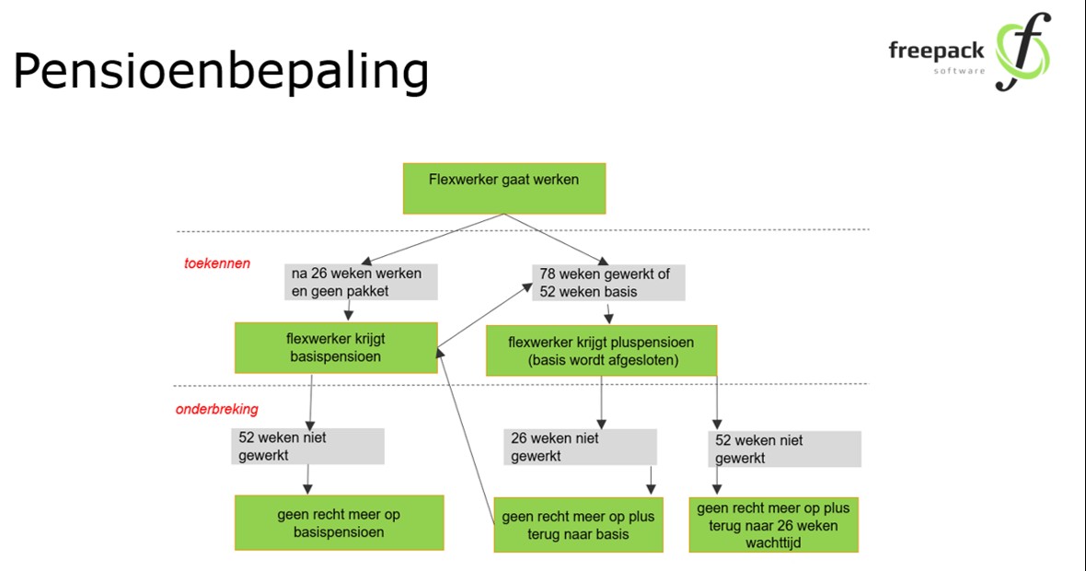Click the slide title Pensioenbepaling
tap(221, 72)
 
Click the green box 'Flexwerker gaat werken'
tap(504, 189)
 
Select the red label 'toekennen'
tap(217, 263)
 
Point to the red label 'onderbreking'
tap(217, 409)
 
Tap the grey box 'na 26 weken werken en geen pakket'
tap(361, 282)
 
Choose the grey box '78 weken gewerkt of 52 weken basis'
tap(608, 283)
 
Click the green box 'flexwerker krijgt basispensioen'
tap(336, 348)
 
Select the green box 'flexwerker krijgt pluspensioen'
tap(601, 351)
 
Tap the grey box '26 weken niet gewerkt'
tap(580, 447)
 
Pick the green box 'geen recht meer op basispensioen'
tap(339, 522)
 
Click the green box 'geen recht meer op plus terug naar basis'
tap(578, 525)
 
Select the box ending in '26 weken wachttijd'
tap(774, 525)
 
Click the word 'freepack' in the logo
tap(936, 52)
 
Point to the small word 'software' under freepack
tap(959, 71)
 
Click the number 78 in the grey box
tap(548, 274)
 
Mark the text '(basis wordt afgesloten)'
tap(603, 360)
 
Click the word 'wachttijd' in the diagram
tap(774, 542)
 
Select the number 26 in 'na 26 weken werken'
tap(318, 274)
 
